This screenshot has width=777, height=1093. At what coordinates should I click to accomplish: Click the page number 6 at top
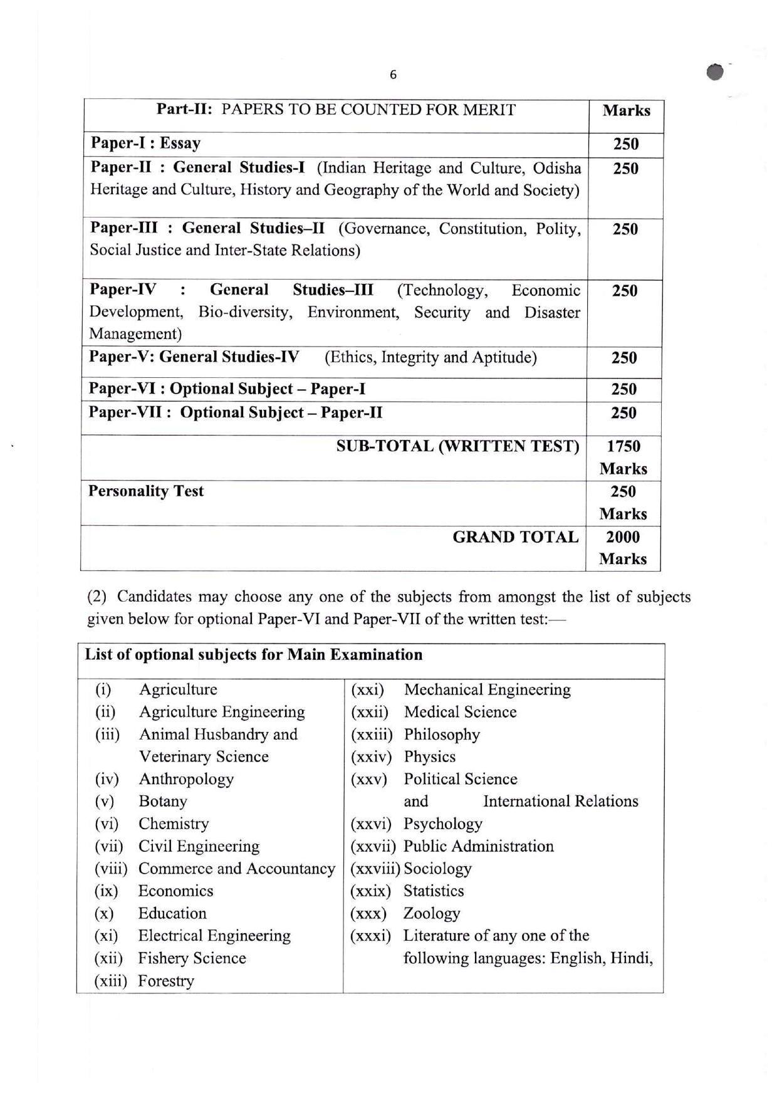[x=393, y=75]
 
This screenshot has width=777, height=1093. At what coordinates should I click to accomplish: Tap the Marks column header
[x=626, y=111]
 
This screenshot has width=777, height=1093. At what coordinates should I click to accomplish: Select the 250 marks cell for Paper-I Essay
[x=625, y=144]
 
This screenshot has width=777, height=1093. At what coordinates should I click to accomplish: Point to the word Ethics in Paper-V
[x=352, y=358]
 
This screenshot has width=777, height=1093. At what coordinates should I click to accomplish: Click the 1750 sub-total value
[x=623, y=447]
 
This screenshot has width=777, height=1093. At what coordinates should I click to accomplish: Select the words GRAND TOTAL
[x=515, y=537]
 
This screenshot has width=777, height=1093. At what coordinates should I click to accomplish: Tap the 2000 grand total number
[x=623, y=537]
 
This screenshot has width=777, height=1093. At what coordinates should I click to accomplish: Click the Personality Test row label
[x=146, y=491]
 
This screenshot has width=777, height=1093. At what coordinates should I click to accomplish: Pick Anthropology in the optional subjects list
[x=186, y=779]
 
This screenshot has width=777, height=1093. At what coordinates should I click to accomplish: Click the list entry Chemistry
[x=174, y=824]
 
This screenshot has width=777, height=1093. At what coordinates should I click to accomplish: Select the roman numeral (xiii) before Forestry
[x=110, y=981]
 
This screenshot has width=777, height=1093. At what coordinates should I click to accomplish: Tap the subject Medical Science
[x=460, y=712]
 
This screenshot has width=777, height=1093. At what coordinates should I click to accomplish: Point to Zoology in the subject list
[x=432, y=913]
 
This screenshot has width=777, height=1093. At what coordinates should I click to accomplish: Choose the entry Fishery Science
[x=192, y=958]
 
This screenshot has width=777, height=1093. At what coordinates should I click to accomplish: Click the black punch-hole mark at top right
[x=714, y=72]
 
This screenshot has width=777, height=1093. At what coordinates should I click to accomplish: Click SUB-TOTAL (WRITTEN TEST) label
[x=457, y=447]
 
